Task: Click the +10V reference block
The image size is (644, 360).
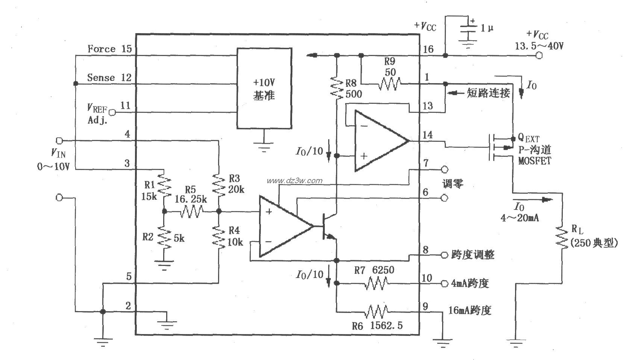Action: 264,88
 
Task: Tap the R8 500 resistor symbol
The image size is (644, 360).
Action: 337,88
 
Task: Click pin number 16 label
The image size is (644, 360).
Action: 428,49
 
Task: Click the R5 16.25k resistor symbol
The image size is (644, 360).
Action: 191,212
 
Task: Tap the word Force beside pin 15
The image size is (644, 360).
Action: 101,49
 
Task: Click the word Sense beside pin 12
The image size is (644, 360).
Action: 101,77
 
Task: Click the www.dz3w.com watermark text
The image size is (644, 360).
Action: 294,181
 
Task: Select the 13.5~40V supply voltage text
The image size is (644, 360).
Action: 538,46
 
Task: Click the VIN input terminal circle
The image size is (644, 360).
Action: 59,141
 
